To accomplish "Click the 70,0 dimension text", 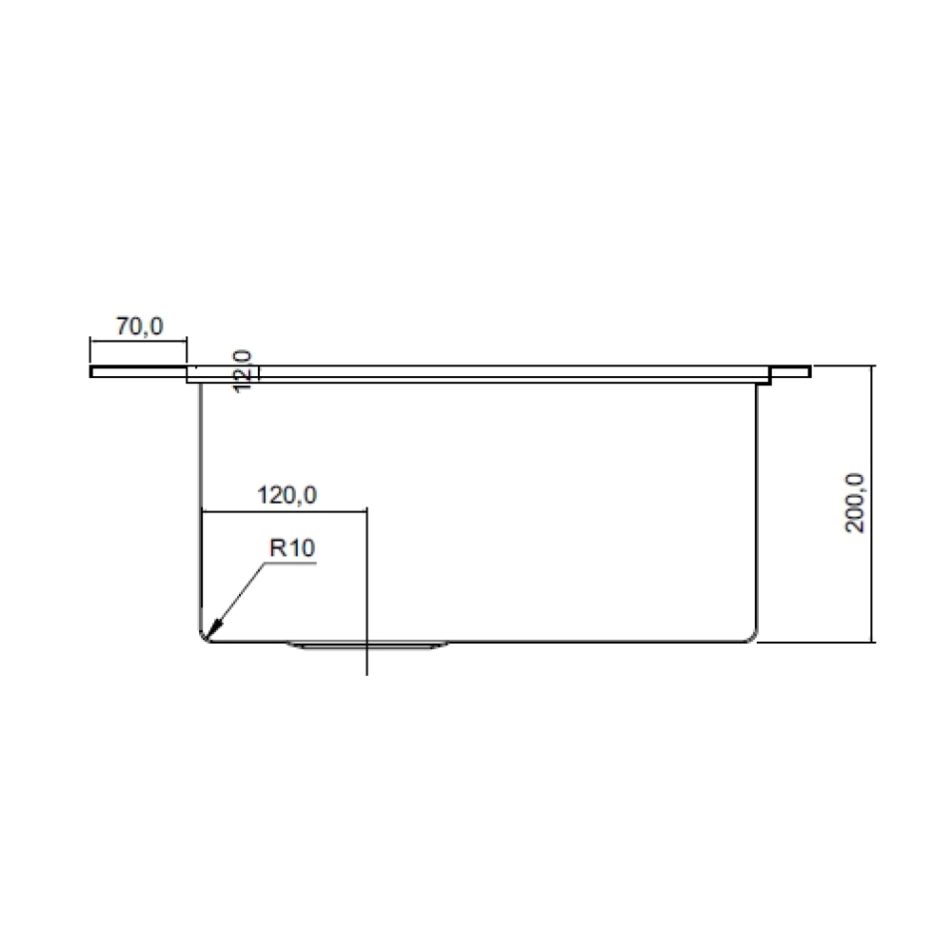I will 139,326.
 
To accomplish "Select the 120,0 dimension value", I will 287,495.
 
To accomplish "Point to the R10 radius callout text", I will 292,548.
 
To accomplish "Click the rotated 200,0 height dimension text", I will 855,503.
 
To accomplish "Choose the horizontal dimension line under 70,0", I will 138,339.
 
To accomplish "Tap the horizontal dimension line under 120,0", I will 286,510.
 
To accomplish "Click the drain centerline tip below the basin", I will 367,672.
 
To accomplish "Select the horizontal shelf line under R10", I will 290,563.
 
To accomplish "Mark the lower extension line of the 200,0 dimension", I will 819,643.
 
